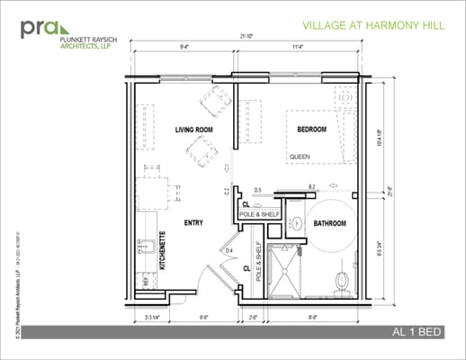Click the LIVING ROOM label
(193, 130)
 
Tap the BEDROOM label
(316, 130)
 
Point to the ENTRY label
(193, 222)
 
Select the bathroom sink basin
(296, 222)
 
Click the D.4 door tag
(229, 249)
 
